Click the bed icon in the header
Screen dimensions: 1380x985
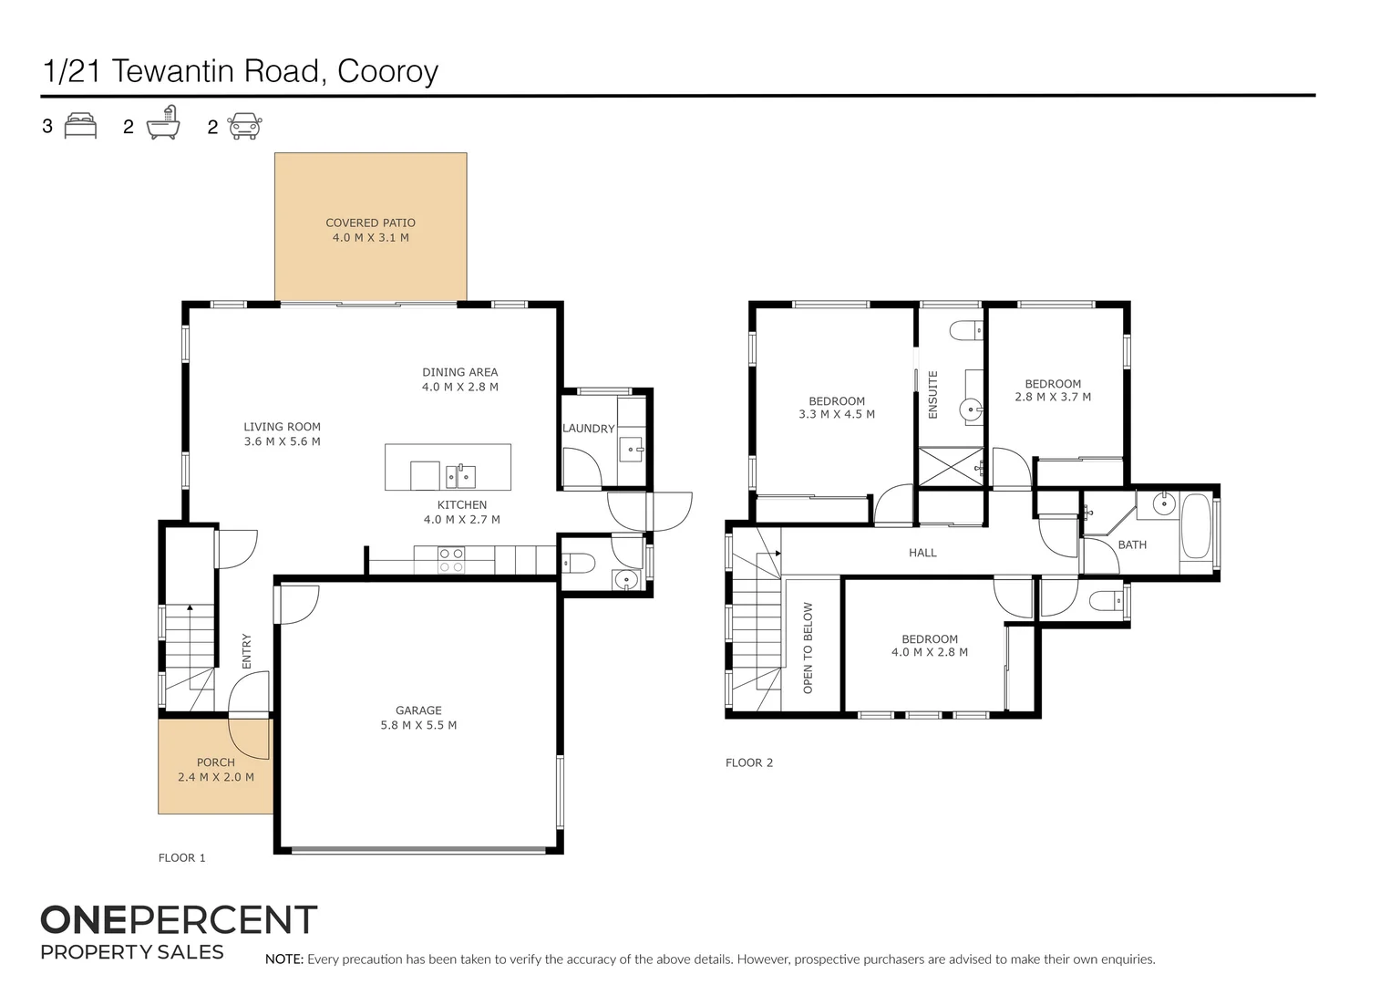click(80, 126)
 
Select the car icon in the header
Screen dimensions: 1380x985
click(244, 126)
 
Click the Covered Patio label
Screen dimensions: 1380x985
click(370, 223)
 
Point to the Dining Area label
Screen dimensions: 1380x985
click(459, 372)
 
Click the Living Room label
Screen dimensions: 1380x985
click(282, 427)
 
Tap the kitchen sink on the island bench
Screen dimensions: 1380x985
click(460, 475)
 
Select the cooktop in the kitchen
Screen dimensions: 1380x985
click(451, 560)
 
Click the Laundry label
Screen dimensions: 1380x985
click(588, 429)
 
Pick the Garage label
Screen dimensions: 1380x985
click(418, 710)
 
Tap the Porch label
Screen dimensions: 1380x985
click(216, 762)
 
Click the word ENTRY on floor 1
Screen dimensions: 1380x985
click(246, 651)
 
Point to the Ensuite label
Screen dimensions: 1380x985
click(932, 395)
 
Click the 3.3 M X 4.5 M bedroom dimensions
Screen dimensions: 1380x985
click(837, 414)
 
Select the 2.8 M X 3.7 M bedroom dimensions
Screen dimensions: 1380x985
click(1053, 397)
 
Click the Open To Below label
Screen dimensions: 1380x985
click(808, 648)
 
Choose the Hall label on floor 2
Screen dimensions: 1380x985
click(922, 553)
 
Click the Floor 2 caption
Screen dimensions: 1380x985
click(749, 762)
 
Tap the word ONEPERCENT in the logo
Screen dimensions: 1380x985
click(179, 920)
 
